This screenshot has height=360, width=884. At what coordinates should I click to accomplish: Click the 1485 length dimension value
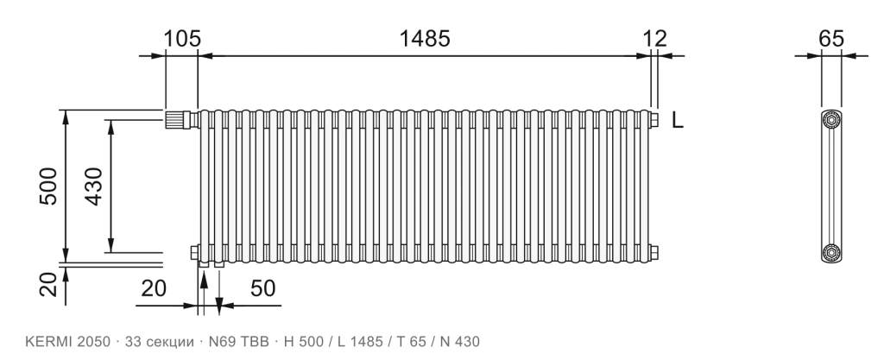[x=425, y=39]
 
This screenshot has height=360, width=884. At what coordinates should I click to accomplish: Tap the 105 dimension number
[x=182, y=39]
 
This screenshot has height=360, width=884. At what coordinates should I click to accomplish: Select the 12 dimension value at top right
[x=655, y=39]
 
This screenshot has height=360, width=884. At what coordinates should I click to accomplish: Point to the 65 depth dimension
[x=831, y=39]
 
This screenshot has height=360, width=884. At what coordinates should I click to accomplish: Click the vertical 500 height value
[x=48, y=186]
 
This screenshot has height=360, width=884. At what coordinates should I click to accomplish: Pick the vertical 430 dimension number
[x=93, y=186]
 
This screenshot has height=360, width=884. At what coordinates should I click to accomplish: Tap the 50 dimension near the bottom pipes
[x=262, y=287]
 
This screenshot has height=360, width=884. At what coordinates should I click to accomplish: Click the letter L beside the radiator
[x=678, y=120]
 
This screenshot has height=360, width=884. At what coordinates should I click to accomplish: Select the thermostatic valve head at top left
[x=177, y=120]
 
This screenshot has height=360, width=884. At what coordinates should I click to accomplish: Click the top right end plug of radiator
[x=654, y=119]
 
